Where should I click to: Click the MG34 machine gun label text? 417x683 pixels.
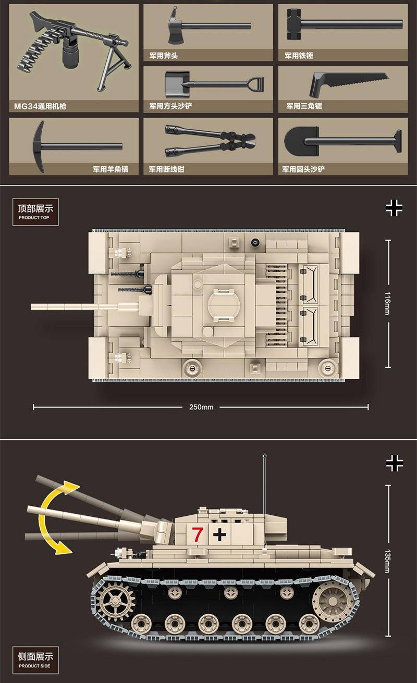tap(40, 106)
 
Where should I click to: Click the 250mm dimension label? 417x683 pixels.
tap(201, 407)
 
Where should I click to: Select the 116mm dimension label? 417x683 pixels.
tap(387, 303)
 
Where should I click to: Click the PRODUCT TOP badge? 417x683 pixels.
tap(35, 212)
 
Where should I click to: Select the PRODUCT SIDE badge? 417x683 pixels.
tap(35, 660)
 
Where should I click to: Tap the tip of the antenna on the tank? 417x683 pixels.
tap(264, 455)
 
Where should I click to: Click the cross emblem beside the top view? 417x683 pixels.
tap(394, 208)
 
